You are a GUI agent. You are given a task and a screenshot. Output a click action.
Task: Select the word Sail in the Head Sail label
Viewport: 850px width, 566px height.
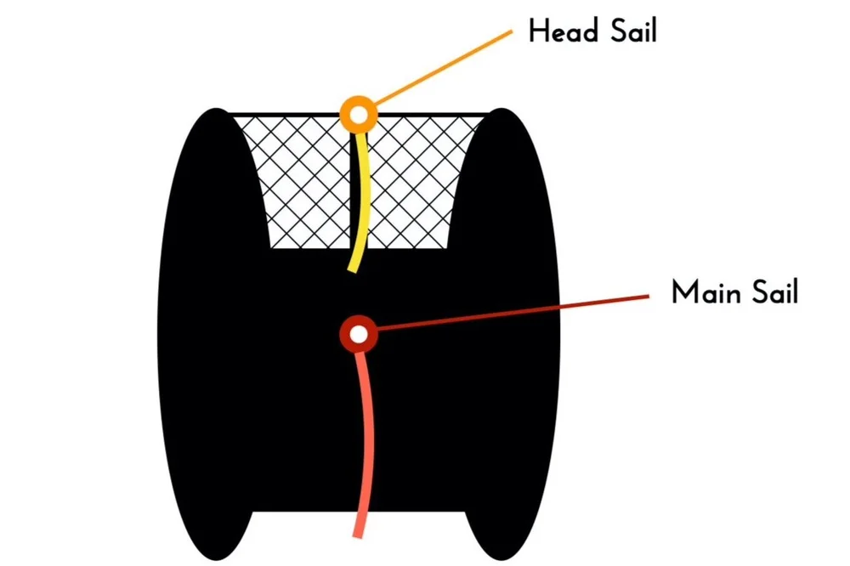[628, 32]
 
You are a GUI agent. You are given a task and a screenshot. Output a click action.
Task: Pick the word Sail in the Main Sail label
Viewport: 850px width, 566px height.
[771, 292]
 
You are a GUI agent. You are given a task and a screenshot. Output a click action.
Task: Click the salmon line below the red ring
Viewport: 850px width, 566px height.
[366, 442]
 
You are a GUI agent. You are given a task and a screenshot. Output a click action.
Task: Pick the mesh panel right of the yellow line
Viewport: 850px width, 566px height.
[416, 178]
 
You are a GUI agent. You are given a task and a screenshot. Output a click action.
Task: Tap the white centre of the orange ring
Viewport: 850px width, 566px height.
[359, 112]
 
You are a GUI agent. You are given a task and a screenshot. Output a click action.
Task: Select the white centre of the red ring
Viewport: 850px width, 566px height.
[359, 334]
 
